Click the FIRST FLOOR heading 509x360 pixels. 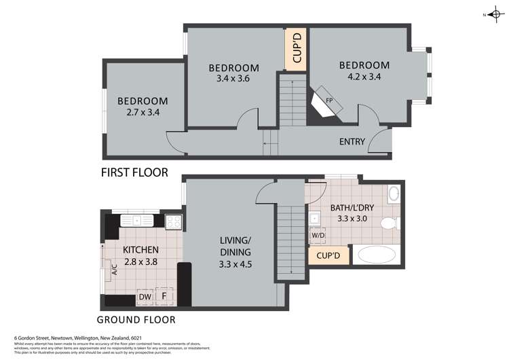coord(134,173)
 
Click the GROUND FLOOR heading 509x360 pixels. coord(136,319)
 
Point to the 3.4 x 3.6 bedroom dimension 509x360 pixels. coord(233,78)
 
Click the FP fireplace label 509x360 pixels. coord(329,101)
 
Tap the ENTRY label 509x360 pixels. coord(352,142)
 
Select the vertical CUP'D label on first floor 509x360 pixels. coord(296,49)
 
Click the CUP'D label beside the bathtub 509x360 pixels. coord(328,256)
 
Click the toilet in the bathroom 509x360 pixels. coord(390,223)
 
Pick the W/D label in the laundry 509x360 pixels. coord(317,236)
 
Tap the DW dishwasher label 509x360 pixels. coord(145,297)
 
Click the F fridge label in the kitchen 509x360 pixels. coord(164,297)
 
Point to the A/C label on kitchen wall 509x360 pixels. coord(114,269)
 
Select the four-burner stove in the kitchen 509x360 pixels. coord(174,221)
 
